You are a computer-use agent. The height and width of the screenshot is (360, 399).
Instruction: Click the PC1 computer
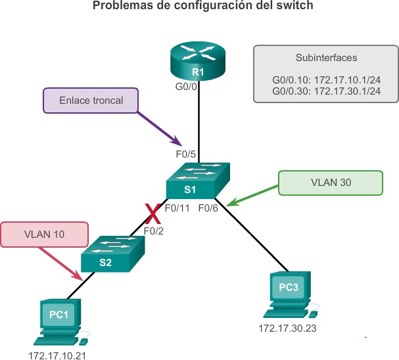click(x=60, y=322)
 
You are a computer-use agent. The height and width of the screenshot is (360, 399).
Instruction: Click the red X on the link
click(x=153, y=213)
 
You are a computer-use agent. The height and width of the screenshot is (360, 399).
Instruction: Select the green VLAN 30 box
click(x=330, y=183)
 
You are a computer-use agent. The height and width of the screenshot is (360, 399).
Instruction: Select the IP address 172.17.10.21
click(x=57, y=355)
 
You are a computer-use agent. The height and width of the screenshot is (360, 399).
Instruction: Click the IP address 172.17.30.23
click(x=287, y=328)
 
